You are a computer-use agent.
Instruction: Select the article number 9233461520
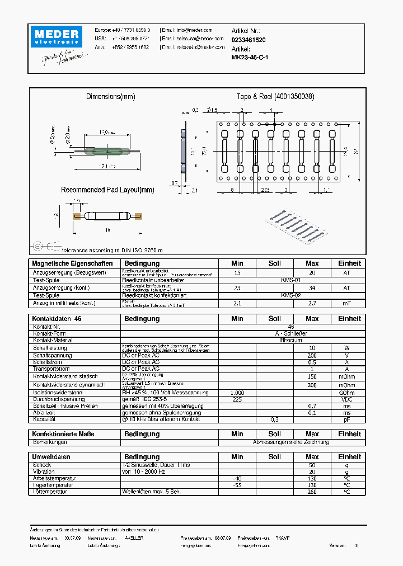(x=249, y=40)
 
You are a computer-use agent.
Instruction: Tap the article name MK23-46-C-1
(x=250, y=58)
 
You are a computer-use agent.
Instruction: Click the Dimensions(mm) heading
(x=110, y=97)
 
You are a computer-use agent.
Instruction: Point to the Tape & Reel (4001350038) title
(x=275, y=97)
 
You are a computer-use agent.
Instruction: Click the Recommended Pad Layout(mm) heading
(x=107, y=190)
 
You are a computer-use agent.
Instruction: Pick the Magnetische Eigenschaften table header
(x=73, y=263)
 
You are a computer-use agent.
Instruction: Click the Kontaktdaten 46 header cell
(x=57, y=319)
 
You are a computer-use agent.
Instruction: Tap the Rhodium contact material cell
(x=290, y=340)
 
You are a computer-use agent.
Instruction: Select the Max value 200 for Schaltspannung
(x=312, y=355)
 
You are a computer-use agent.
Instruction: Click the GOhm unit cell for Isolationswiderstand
(x=346, y=393)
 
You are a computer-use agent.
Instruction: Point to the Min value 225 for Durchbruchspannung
(x=237, y=400)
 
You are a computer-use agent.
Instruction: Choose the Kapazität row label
(x=44, y=419)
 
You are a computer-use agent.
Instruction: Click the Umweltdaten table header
(x=51, y=457)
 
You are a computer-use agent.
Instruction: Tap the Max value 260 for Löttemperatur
(x=312, y=492)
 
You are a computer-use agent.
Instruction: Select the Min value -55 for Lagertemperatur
(x=237, y=485)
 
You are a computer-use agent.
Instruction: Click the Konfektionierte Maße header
(x=63, y=434)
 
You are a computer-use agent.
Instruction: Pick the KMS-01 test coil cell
(x=290, y=280)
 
